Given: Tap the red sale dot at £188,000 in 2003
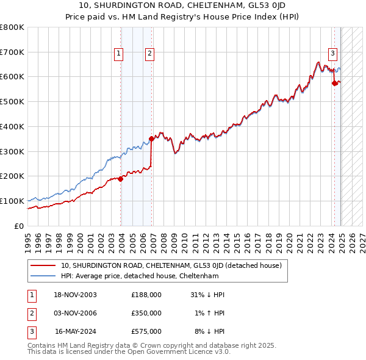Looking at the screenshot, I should point(121,179).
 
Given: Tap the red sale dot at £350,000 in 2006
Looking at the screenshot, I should point(151,139).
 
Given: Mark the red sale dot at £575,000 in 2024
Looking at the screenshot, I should point(334,84).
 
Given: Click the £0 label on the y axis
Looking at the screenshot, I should point(19,226).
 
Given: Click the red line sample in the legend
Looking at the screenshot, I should point(44,265).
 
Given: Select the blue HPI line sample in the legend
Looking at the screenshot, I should point(44,276).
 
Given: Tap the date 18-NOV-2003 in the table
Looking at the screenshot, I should point(76,295).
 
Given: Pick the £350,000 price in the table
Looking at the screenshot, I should point(146,313).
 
